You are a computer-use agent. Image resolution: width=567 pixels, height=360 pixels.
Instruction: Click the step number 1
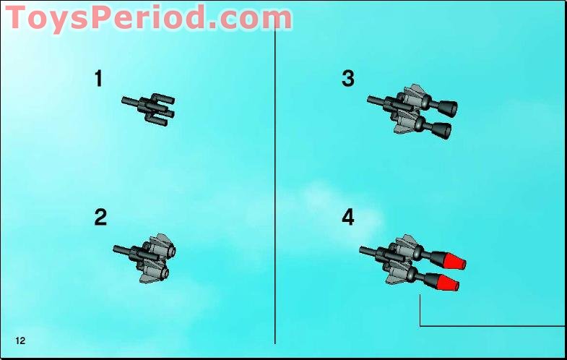click(x=98, y=79)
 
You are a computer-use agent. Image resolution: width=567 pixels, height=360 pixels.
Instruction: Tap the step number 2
click(x=100, y=217)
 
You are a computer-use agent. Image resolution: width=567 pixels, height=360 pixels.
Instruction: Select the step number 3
click(x=348, y=79)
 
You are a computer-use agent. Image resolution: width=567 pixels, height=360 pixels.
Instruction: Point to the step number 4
click(x=348, y=217)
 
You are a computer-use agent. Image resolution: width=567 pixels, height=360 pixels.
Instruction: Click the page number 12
click(x=20, y=340)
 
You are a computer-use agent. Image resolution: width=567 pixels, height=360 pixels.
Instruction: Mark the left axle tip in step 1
click(x=125, y=100)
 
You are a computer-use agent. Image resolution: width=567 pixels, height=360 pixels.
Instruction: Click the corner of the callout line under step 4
click(x=420, y=325)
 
